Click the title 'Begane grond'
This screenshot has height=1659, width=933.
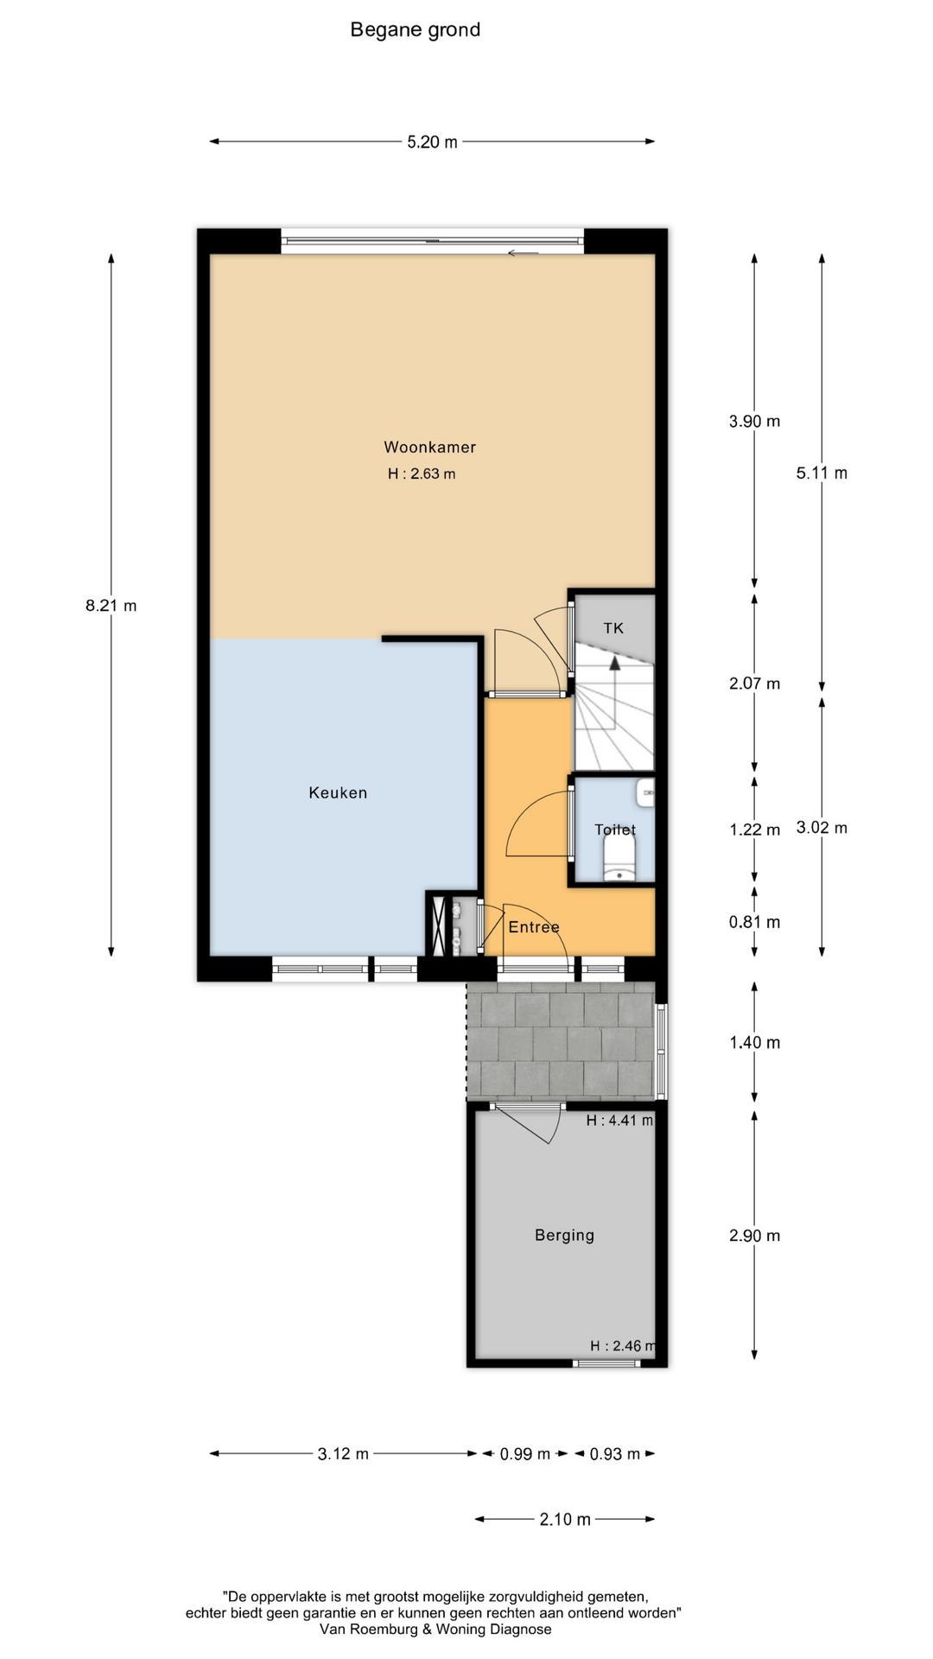415,30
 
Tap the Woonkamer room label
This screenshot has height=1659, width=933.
430,447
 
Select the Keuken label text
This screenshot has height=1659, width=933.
338,792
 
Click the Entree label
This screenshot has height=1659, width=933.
534,927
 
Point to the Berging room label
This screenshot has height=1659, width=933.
564,1236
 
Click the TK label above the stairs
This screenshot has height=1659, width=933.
613,628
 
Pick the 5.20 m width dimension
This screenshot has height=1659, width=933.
432,142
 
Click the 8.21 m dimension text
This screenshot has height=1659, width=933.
111,606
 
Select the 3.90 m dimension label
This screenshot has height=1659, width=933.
754,422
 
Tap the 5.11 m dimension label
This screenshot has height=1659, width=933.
822,473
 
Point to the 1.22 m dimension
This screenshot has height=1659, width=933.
754,829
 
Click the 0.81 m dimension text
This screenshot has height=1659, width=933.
754,922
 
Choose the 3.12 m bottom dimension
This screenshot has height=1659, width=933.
343,1454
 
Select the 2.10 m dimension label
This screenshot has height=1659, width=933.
565,1519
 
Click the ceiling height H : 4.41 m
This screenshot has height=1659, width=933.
619,1121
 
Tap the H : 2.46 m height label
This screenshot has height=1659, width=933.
623,1345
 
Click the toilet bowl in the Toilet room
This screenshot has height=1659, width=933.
619,861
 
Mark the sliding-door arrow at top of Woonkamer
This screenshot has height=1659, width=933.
524,253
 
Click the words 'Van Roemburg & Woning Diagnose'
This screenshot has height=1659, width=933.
435,1629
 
